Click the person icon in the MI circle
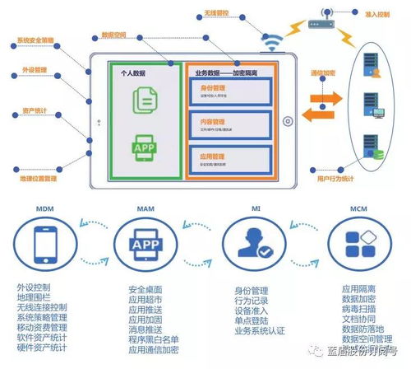coord(256,245)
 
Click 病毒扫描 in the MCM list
coord(358,308)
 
